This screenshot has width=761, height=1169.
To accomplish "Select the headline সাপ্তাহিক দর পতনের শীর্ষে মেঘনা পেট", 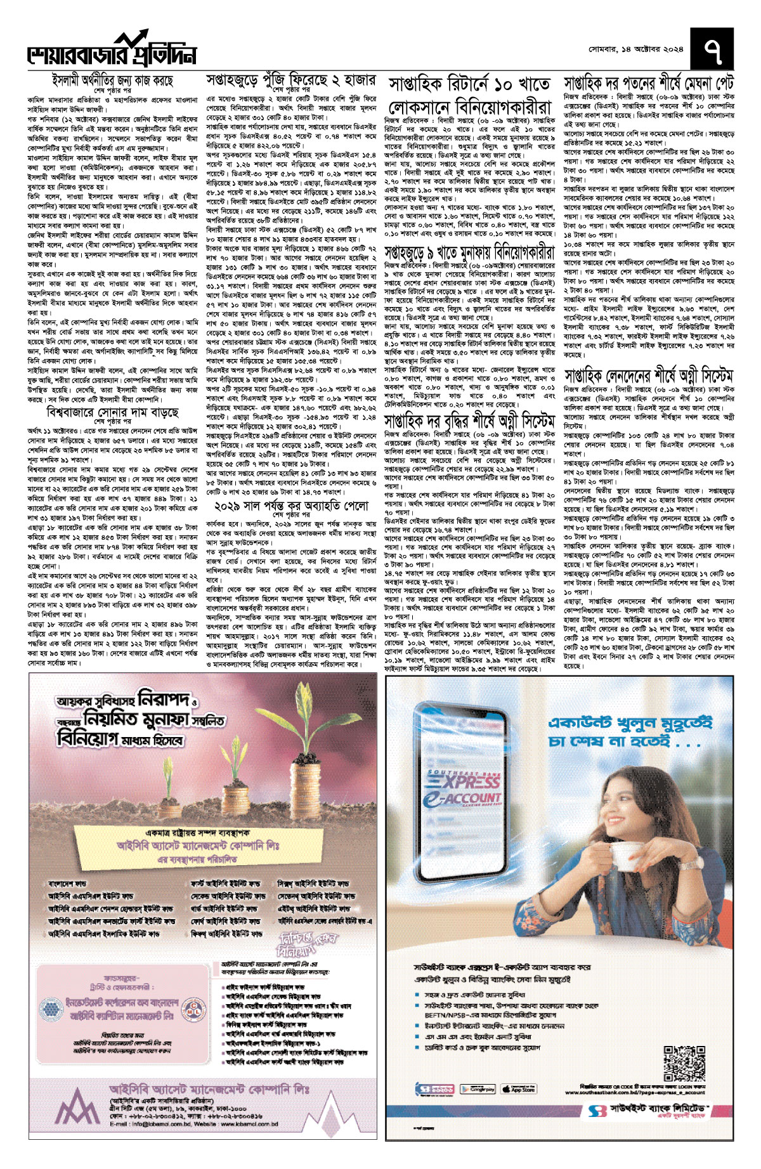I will point(649,83).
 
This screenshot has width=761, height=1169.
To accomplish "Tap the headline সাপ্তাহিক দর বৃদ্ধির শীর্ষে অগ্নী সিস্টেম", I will point(470,421).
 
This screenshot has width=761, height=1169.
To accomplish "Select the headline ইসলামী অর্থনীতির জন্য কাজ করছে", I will point(112,81).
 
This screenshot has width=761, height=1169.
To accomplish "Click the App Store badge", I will point(519,1089).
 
